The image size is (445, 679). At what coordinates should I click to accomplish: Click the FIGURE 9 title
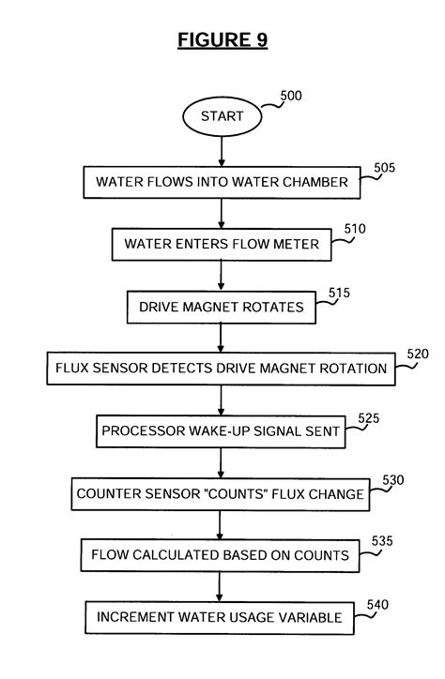point(222,40)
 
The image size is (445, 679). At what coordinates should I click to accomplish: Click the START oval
point(222,117)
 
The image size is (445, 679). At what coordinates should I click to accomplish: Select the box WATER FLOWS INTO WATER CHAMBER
point(221,182)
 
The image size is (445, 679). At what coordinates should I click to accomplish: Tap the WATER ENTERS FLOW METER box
point(221,244)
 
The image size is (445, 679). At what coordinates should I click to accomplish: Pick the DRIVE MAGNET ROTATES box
point(221,306)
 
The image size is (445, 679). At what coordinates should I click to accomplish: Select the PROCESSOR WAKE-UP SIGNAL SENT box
point(221,431)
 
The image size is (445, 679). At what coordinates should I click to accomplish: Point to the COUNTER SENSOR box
point(221,493)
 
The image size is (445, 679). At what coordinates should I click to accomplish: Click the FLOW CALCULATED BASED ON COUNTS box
point(221,555)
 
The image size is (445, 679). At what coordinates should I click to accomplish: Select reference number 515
point(340,293)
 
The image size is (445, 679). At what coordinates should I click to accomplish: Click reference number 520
point(417,354)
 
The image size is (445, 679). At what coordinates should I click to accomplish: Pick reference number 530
point(394,480)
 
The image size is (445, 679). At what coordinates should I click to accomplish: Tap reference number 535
point(381,541)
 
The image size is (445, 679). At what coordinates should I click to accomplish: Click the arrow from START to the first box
point(222,151)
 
